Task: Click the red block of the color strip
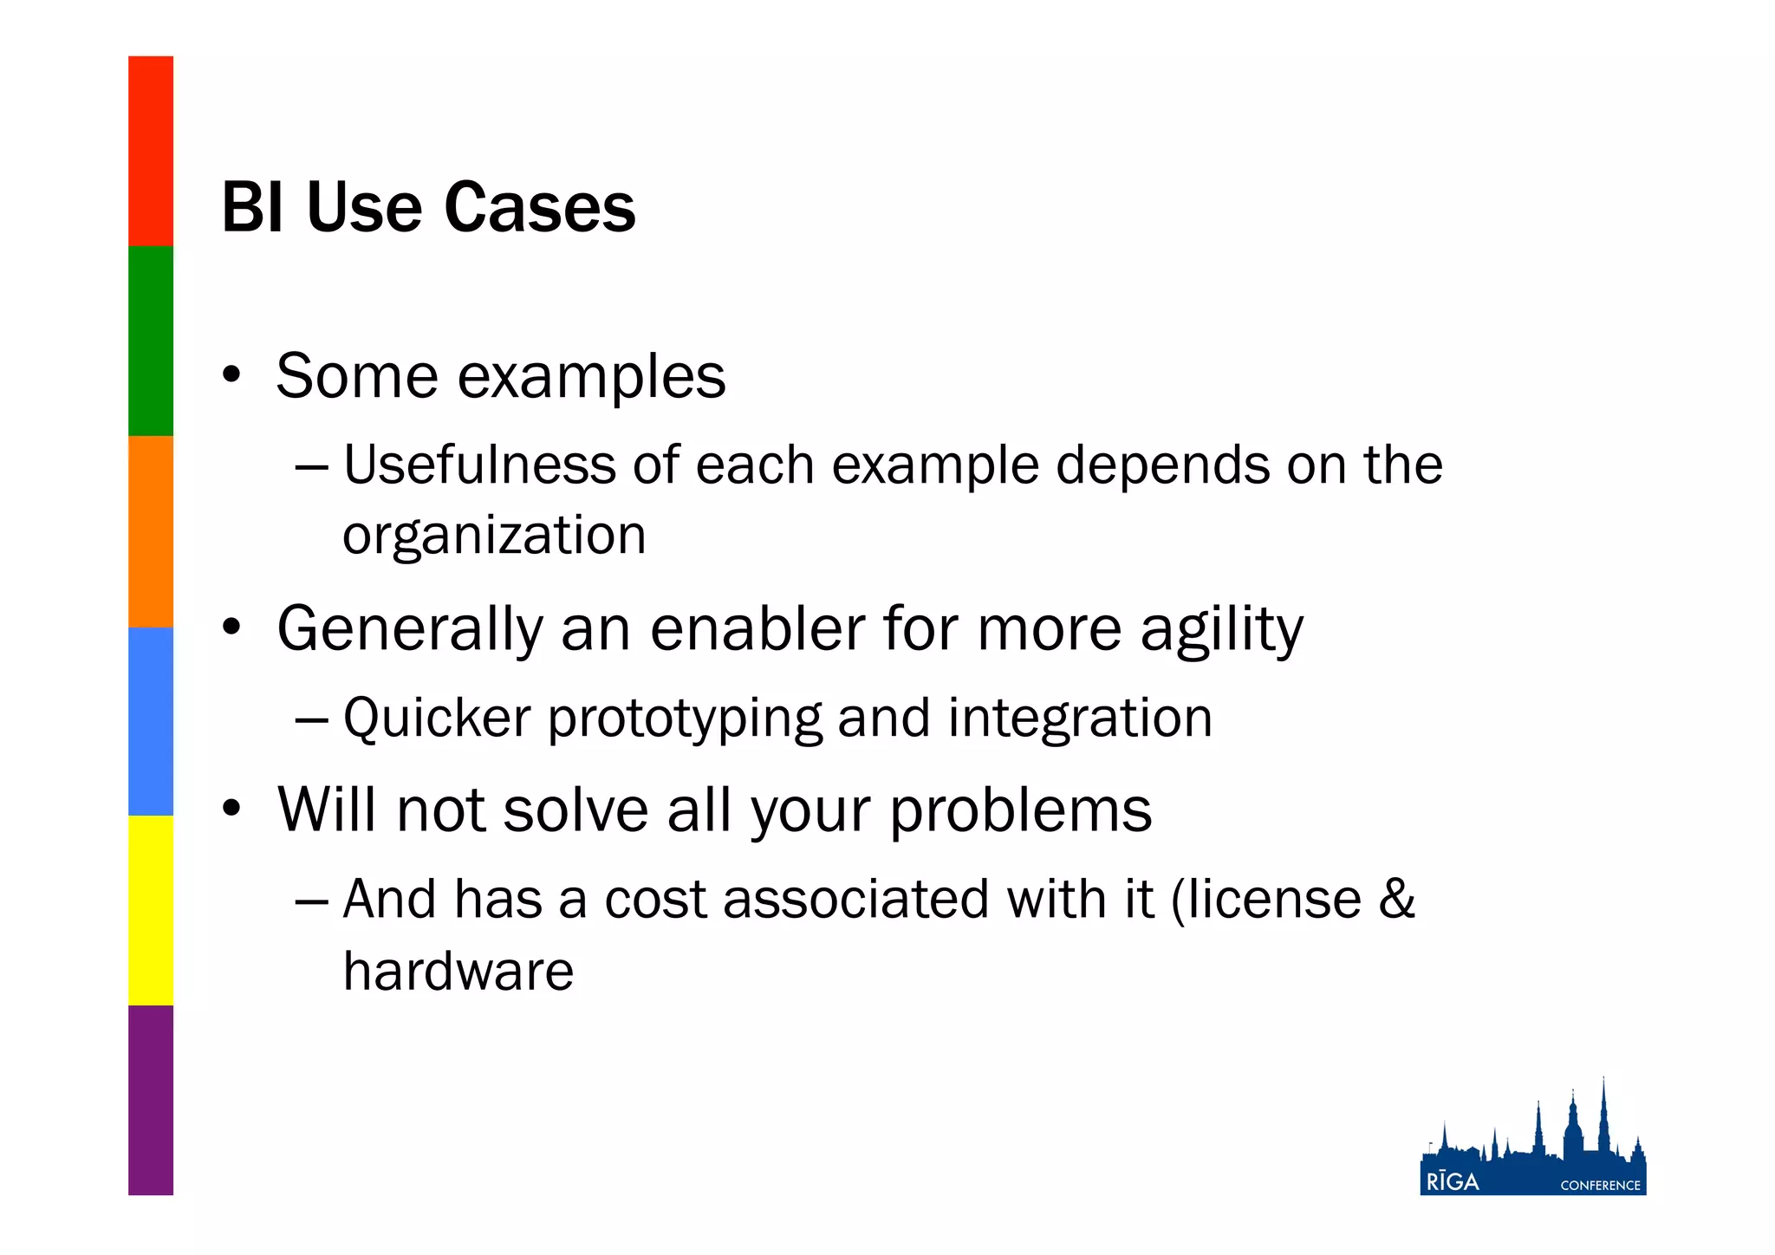(151, 151)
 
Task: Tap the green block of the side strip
(151, 341)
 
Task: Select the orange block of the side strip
(151, 530)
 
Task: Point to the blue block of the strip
(151, 721)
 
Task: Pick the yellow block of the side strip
(151, 910)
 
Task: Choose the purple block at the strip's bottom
(151, 1100)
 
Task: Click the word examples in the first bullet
(591, 378)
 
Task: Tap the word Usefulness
(479, 465)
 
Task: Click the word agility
(1221, 630)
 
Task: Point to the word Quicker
(437, 719)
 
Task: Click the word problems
(1020, 811)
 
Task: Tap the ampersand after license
(1396, 899)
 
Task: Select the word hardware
(458, 971)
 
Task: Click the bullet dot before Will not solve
(231, 809)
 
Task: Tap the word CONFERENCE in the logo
(1600, 1186)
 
